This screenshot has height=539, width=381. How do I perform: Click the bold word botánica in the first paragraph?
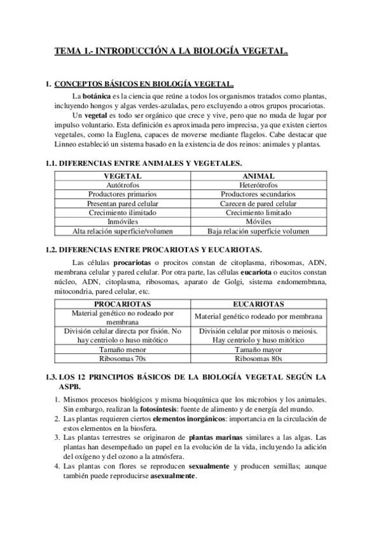pyautogui.click(x=88, y=95)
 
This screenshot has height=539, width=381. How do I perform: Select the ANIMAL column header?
pyautogui.click(x=258, y=175)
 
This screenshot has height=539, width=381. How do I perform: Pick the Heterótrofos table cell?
pyautogui.click(x=258, y=184)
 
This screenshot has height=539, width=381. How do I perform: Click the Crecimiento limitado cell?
pyautogui.click(x=258, y=212)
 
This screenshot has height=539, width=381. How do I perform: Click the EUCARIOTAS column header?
pyautogui.click(x=258, y=304)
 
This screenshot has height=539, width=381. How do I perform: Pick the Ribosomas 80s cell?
pyautogui.click(x=258, y=359)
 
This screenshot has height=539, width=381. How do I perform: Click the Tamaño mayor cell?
pyautogui.click(x=258, y=350)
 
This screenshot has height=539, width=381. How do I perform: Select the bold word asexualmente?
pyautogui.click(x=173, y=477)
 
